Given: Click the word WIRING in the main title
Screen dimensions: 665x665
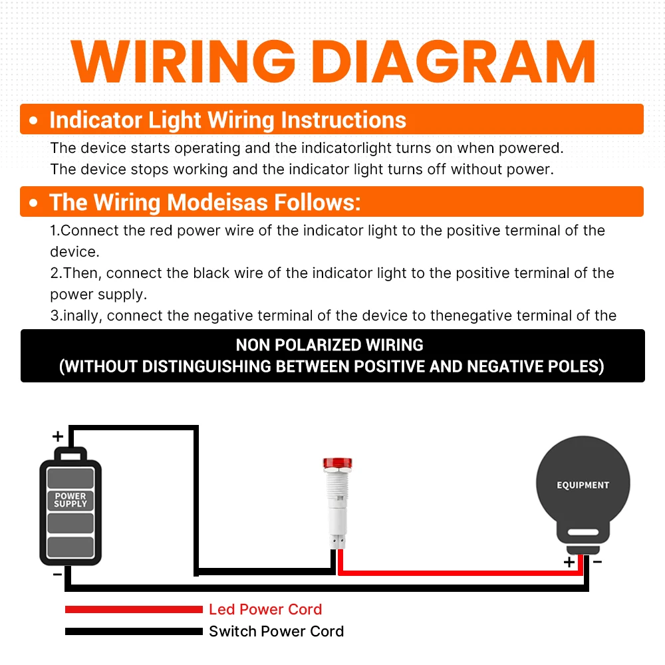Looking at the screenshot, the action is click(x=184, y=61).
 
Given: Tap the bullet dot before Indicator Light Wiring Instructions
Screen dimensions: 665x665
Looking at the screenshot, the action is click(x=33, y=120).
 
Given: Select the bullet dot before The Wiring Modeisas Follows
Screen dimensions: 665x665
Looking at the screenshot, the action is click(x=33, y=203).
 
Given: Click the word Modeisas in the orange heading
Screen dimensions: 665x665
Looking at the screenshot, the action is click(x=217, y=202).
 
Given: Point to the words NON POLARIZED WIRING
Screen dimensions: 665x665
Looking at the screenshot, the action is click(x=330, y=344).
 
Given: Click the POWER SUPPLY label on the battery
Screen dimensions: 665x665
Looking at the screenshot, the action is click(x=70, y=499).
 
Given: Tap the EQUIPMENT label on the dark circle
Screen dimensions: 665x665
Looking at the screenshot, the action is click(x=583, y=485).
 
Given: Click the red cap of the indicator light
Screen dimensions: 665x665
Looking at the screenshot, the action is click(x=338, y=463).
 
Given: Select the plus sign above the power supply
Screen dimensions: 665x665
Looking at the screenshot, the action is click(x=58, y=436).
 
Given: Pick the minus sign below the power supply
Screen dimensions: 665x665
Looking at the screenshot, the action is click(x=57, y=575).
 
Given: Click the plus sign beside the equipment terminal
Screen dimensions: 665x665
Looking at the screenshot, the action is click(x=569, y=563).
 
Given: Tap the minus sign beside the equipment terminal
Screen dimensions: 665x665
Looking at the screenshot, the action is click(x=598, y=562).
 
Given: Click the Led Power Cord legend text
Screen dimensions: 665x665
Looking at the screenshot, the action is click(x=265, y=609).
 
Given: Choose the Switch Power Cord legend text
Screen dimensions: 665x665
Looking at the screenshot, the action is click(x=277, y=632).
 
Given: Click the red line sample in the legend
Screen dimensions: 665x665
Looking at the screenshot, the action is click(x=134, y=609).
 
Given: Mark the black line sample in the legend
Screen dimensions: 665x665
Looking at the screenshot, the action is click(x=134, y=632).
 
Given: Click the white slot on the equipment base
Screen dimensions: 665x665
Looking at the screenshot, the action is click(x=583, y=532).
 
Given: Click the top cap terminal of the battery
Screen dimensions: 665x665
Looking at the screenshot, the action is click(x=71, y=454).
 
